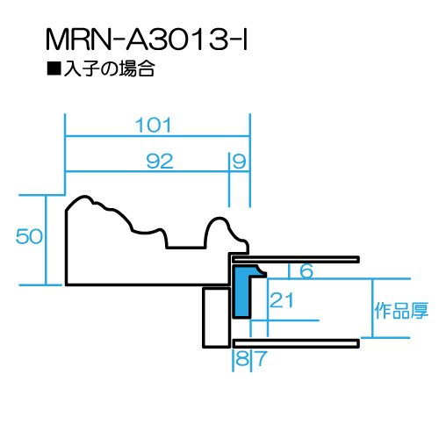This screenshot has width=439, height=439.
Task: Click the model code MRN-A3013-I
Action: (147, 40)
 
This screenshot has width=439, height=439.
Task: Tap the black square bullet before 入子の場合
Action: (54, 68)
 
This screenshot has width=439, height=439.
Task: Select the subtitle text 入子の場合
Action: (109, 68)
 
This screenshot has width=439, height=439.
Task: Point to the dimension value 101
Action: (153, 126)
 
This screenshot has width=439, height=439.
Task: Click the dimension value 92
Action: (160, 161)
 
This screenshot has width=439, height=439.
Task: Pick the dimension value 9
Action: (240, 162)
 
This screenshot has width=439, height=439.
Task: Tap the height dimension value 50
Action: (29, 236)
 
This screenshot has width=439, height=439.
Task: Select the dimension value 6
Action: (306, 270)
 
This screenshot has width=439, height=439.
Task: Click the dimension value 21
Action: (281, 300)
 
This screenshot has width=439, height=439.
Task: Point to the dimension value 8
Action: (242, 358)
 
